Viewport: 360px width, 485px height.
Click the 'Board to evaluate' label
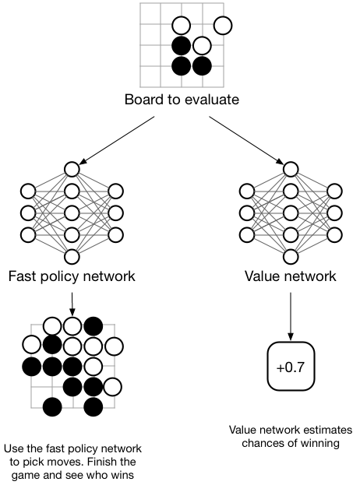click(x=181, y=100)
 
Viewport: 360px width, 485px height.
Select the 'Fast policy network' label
click(x=72, y=276)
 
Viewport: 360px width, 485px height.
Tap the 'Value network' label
click(x=290, y=276)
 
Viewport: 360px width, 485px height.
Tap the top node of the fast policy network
click(x=72, y=168)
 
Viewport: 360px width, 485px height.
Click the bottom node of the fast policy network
click(x=72, y=256)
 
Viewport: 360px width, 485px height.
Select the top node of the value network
click(x=290, y=168)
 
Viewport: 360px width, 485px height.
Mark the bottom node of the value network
click(x=290, y=256)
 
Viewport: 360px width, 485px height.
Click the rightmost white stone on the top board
click(x=223, y=26)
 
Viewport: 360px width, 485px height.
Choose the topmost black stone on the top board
click(x=181, y=45)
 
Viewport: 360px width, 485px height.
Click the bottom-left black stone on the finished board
click(x=52, y=406)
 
